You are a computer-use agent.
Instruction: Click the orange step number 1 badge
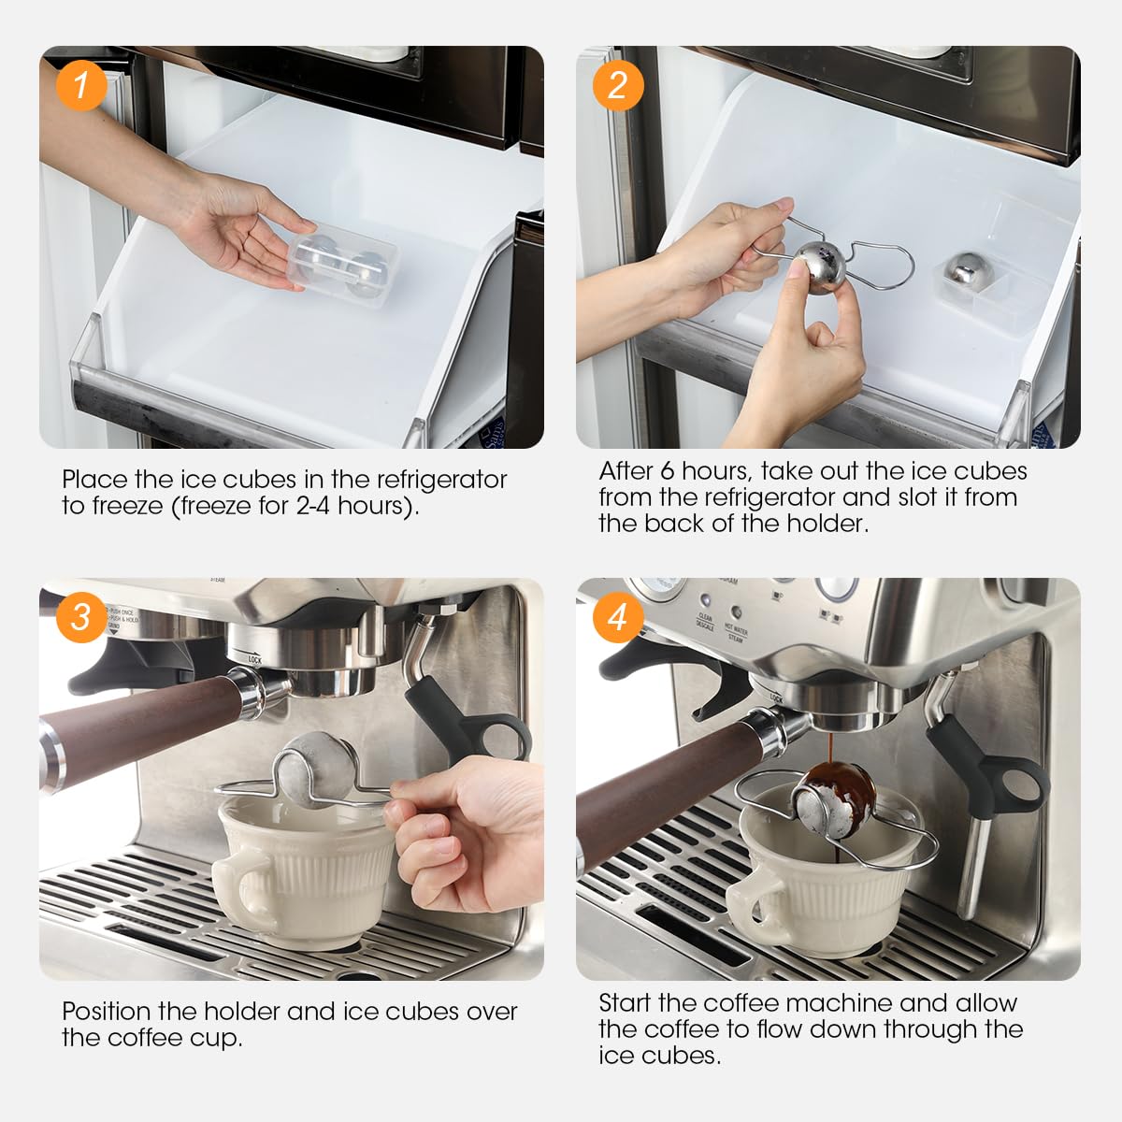[81, 85]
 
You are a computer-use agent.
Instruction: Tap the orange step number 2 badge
[618, 85]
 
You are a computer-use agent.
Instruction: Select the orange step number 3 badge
[81, 617]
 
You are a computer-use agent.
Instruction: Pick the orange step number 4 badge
[618, 617]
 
